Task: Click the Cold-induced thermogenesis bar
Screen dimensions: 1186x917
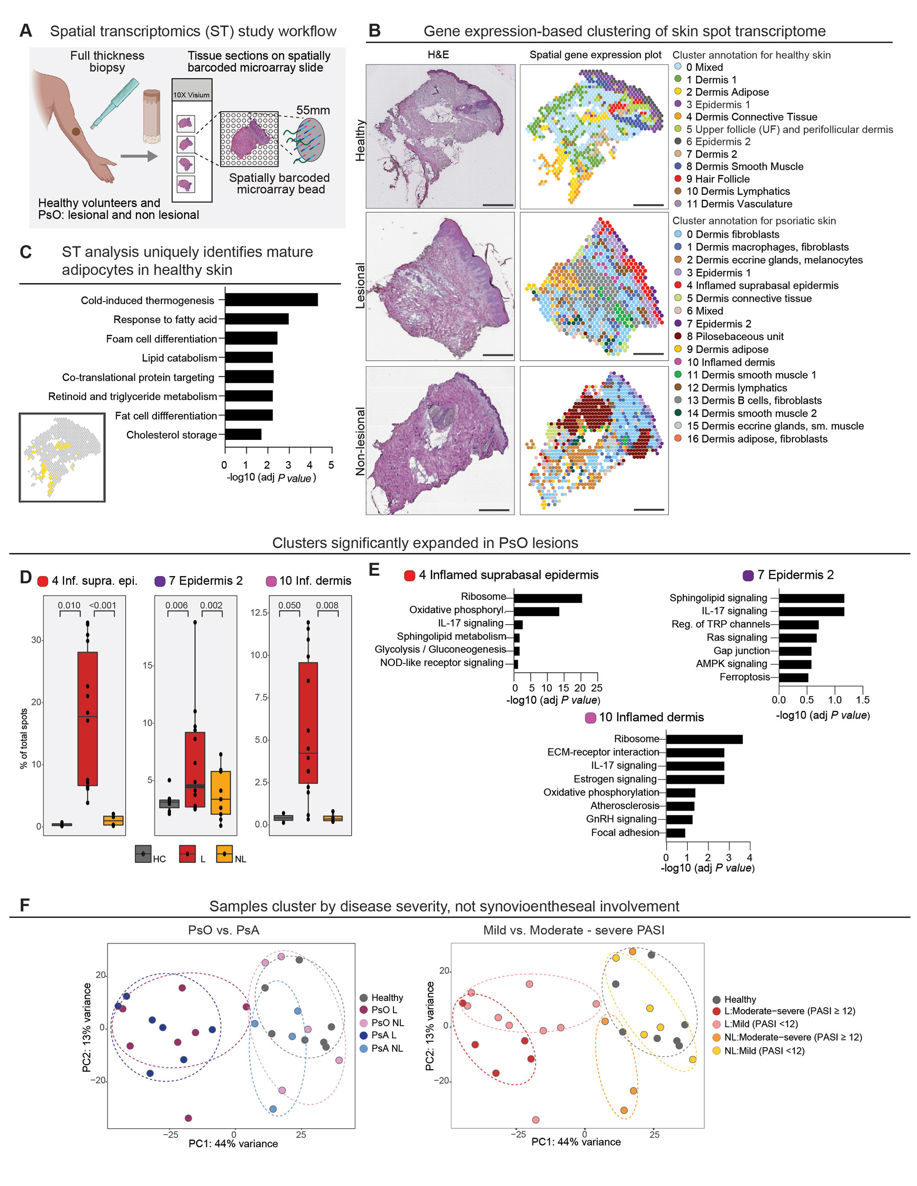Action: (271, 300)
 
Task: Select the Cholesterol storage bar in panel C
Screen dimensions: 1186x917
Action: (243, 434)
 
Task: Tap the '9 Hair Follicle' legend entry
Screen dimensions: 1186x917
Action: (717, 179)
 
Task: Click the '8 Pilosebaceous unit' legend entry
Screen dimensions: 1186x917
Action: (734, 336)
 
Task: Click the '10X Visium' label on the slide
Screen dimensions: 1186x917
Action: (191, 95)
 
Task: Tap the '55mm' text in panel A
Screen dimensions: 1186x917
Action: (313, 110)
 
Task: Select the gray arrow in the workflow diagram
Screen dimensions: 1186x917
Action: (138, 156)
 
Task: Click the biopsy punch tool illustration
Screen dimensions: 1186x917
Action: (115, 103)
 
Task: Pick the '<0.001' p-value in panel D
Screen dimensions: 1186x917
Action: (103, 605)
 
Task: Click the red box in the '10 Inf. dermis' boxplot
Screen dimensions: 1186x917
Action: (308, 722)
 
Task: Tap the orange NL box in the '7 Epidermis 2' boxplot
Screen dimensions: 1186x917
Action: (221, 792)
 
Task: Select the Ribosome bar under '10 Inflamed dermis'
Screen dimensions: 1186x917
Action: (704, 739)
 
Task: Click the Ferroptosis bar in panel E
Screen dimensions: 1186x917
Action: (793, 677)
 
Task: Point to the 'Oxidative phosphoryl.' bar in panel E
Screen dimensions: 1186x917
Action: (536, 611)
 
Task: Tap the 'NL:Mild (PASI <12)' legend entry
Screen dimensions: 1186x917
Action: (764, 1051)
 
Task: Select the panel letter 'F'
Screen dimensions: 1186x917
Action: (24, 905)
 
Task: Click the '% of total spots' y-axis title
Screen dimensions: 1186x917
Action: (23, 739)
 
